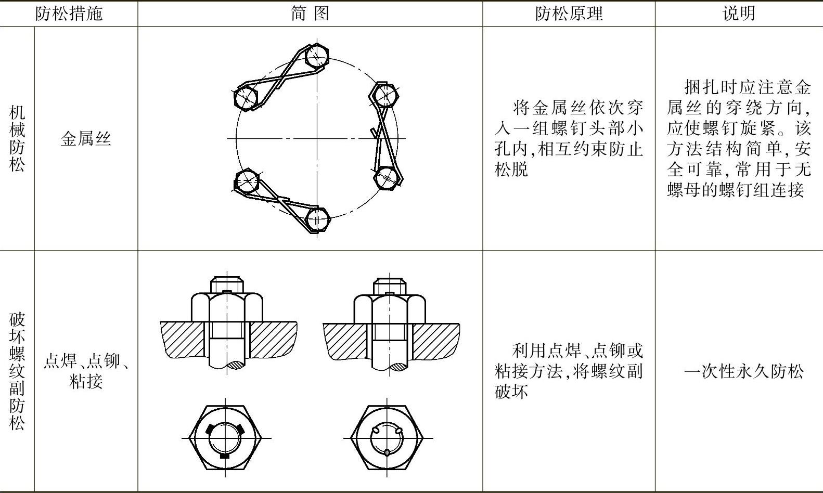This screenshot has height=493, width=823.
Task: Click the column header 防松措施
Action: pyautogui.click(x=69, y=14)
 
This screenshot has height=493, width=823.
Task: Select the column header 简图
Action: pyautogui.click(x=310, y=14)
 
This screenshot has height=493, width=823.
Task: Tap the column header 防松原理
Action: pyautogui.click(x=569, y=14)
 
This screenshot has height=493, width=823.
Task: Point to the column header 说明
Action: pyautogui.click(x=739, y=14)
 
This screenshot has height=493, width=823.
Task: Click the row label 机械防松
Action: pyautogui.click(x=17, y=139)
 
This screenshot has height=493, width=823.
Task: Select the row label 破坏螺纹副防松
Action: pyautogui.click(x=17, y=371)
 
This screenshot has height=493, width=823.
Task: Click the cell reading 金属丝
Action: pyautogui.click(x=86, y=139)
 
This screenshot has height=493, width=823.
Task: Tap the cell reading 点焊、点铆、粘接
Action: pyautogui.click(x=86, y=371)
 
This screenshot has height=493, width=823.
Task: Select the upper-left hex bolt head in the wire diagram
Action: pyautogui.click(x=246, y=97)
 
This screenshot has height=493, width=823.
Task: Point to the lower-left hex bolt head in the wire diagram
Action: pyautogui.click(x=247, y=181)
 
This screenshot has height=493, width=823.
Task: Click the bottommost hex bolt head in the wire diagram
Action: pyautogui.click(x=317, y=219)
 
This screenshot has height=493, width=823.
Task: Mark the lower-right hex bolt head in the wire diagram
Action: pyautogui.click(x=387, y=177)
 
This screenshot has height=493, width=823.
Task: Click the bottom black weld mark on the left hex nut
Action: pyautogui.click(x=225, y=456)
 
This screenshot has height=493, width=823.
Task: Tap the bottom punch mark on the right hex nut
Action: pyautogui.click(x=387, y=452)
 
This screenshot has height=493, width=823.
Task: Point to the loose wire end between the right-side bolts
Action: pyautogui.click(x=373, y=132)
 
